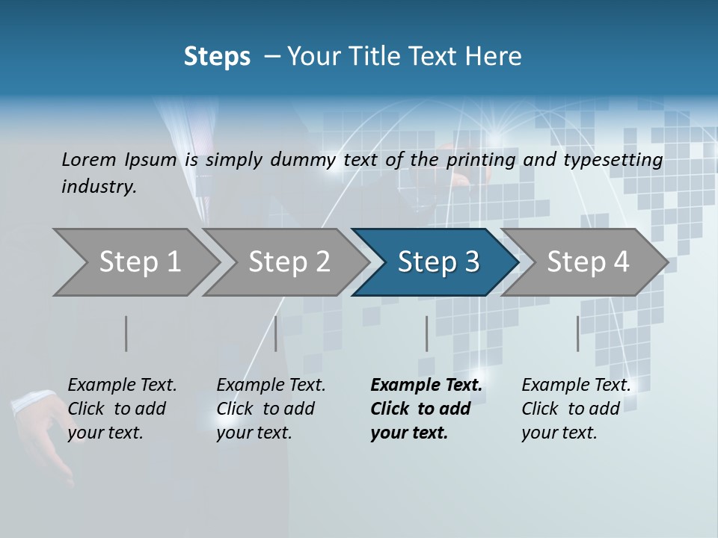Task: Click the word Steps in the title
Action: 217,57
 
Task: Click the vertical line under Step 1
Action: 126,333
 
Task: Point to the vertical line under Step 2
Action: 276,333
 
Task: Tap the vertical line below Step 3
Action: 426,333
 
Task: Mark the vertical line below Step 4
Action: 577,333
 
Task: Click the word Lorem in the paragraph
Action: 88,160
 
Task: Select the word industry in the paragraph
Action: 98,187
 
